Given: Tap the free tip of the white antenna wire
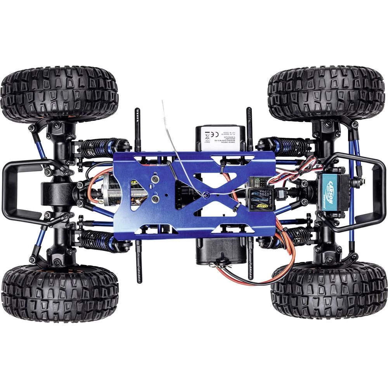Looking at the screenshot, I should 162,101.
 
